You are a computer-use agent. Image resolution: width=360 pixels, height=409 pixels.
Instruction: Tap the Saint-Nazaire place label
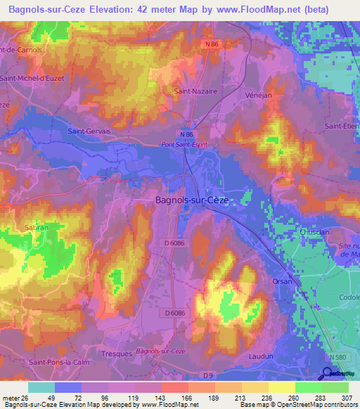tap(195, 91)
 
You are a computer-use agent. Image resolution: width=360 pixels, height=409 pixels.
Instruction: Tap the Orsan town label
tap(282, 281)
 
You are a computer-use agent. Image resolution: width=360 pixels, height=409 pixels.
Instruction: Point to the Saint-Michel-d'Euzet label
tap(34, 78)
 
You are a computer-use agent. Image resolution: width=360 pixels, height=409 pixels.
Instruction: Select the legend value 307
tap(347, 398)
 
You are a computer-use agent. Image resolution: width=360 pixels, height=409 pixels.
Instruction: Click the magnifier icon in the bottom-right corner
tap(329, 373)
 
